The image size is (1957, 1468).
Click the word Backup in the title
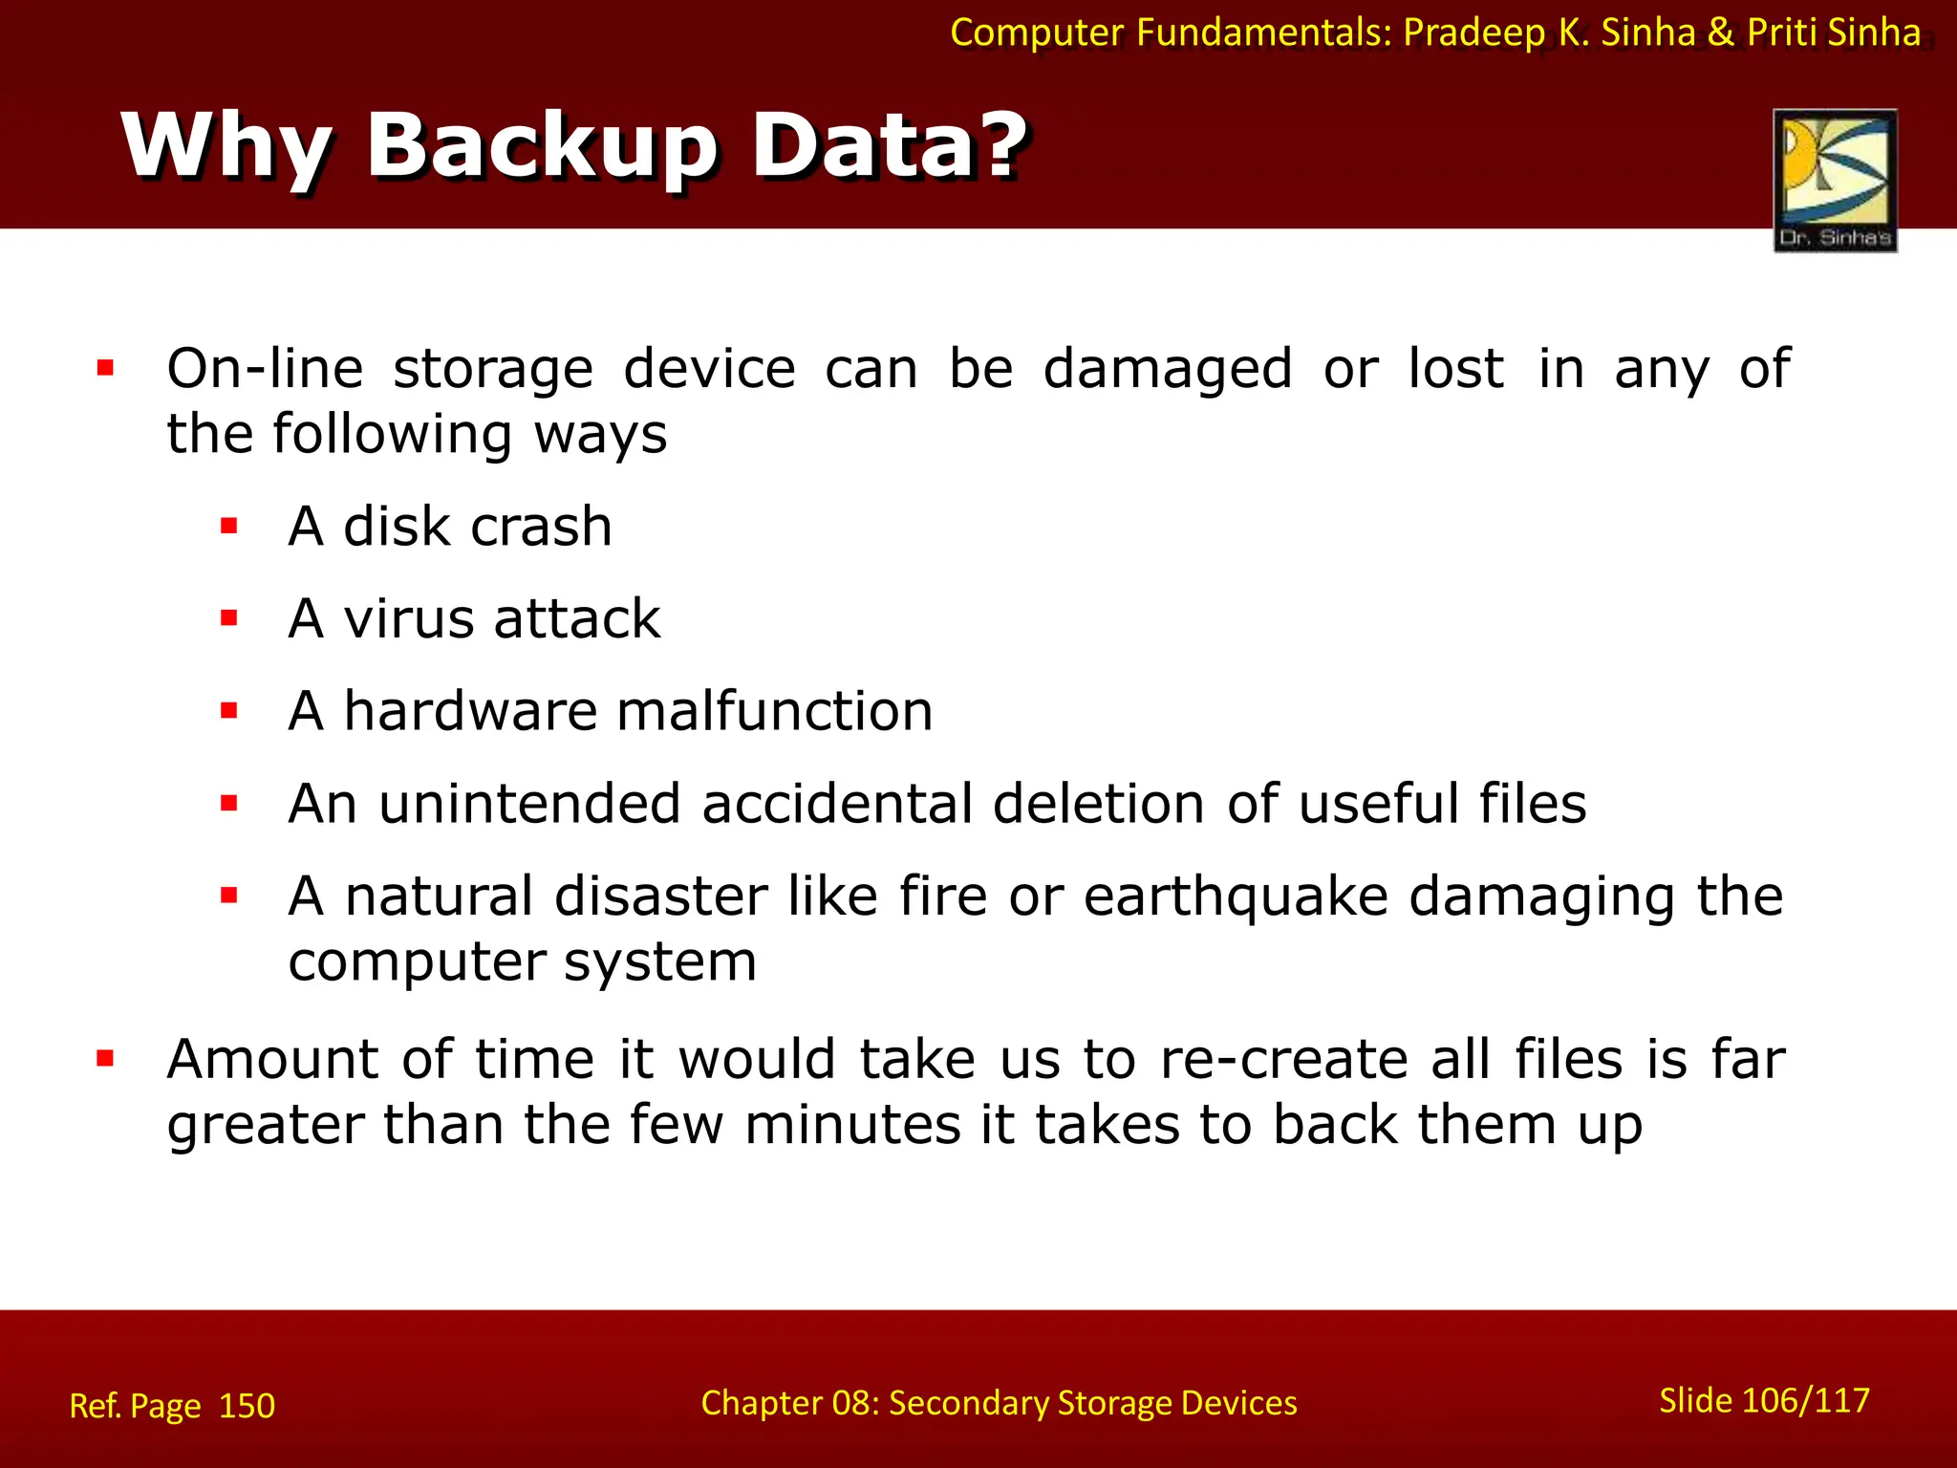tap(541, 146)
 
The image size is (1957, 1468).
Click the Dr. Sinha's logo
tap(1835, 180)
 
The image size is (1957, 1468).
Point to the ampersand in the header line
tap(1720, 32)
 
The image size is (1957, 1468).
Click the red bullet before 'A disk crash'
tap(228, 526)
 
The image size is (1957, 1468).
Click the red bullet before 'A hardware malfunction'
tap(228, 710)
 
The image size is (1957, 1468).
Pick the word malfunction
tap(774, 711)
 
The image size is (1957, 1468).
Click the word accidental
tap(835, 804)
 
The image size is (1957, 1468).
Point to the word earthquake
tap(1236, 897)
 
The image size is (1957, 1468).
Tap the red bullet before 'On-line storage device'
tap(105, 368)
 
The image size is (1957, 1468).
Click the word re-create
tap(1283, 1059)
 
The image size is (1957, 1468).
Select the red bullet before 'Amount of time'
tap(105, 1058)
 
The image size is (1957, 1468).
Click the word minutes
tap(852, 1125)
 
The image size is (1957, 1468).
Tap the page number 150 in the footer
tap(247, 1406)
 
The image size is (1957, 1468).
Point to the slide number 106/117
tap(1805, 1400)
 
